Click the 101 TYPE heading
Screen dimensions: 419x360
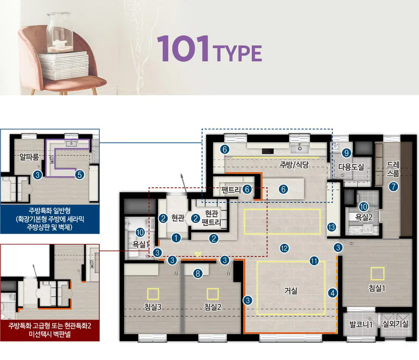coord(209,49)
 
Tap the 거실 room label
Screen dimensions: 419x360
coord(291,291)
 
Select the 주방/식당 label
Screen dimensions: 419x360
coord(294,165)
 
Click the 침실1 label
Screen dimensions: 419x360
coord(377,288)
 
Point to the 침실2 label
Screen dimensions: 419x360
coord(213,307)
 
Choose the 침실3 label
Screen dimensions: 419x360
coord(153,307)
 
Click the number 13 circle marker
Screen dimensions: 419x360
coord(332,227)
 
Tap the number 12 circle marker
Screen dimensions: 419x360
coord(284,248)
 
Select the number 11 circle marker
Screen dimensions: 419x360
coord(314,261)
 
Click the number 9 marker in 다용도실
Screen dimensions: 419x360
coord(347,153)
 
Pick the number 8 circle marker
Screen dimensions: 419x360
coord(198,274)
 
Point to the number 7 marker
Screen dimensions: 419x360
coord(393,186)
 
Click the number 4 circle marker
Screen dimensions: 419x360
coord(333,293)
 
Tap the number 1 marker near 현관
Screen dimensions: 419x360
coord(176,238)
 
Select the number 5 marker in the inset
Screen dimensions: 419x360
coord(80,175)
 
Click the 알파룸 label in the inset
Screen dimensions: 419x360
coord(29,157)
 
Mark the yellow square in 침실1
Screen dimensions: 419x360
coord(377,274)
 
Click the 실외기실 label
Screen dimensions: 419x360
coord(395,324)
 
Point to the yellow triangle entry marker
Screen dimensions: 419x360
coord(198,254)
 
